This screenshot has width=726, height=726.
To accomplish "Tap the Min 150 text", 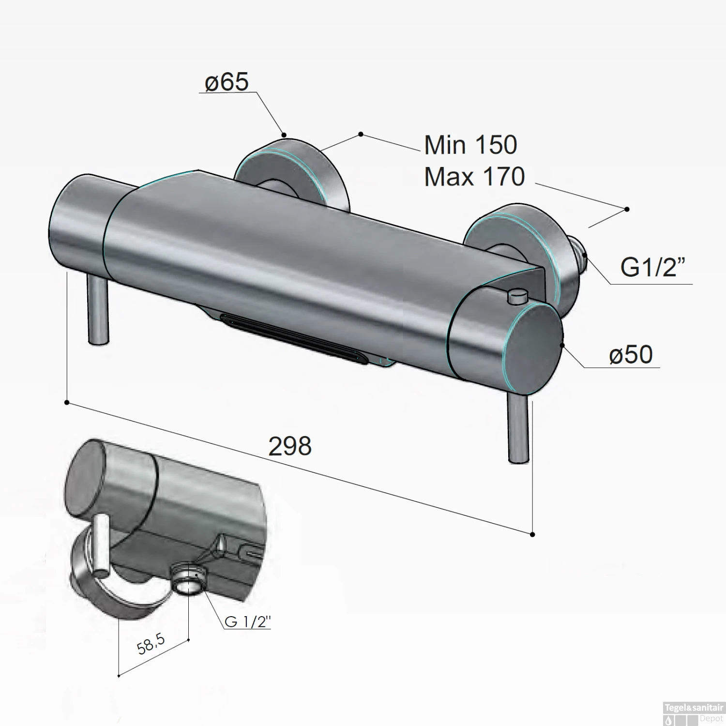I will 470,145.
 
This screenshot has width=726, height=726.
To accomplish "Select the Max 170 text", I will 474,177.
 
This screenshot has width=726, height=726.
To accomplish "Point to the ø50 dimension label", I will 631,355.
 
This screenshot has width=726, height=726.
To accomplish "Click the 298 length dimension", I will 289,446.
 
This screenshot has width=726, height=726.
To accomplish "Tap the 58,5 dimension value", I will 151,645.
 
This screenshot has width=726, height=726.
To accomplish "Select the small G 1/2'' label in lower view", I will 247,621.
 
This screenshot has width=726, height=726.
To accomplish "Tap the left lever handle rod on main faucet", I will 97,310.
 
